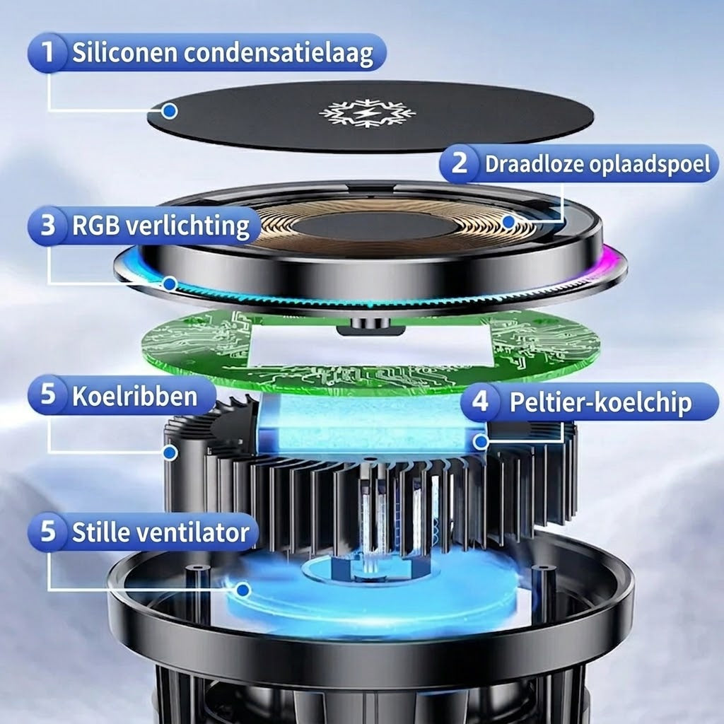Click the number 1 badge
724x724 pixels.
click(47, 52)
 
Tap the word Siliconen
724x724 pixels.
click(125, 52)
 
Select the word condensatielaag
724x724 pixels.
click(279, 54)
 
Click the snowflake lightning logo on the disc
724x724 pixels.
click(367, 112)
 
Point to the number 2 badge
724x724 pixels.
click(460, 163)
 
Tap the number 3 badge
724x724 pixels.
click(47, 226)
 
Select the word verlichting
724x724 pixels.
click(188, 226)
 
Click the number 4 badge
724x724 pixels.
click(480, 402)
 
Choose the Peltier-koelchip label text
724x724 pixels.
click(601, 402)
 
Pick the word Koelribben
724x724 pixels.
click(135, 396)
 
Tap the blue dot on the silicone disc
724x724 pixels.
click(170, 111)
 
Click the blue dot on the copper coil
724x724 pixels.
click(508, 221)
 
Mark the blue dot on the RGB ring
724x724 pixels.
click(170, 284)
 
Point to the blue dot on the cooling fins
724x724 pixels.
click(170, 452)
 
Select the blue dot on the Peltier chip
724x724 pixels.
click(481, 442)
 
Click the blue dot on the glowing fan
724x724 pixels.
click(243, 589)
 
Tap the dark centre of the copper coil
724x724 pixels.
click(375, 226)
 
